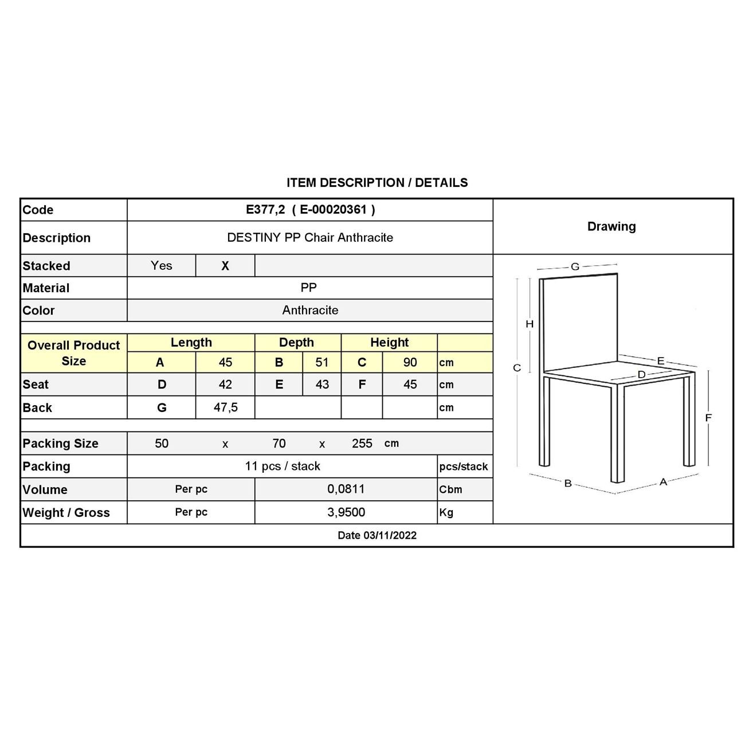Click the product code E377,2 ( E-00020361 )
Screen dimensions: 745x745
(310, 210)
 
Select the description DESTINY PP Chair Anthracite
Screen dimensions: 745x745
(310, 238)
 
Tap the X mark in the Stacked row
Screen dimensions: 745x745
(225, 266)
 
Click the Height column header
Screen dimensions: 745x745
(389, 343)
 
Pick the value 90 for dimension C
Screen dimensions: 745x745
(410, 362)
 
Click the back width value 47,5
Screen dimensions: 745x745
(225, 407)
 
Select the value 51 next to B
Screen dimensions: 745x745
(322, 362)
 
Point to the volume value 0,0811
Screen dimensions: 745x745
(346, 489)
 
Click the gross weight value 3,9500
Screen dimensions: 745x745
(346, 512)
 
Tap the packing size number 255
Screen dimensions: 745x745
(362, 444)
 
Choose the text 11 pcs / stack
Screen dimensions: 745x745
(283, 466)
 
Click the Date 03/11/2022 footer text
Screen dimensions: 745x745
(377, 535)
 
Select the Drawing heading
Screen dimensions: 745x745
(611, 226)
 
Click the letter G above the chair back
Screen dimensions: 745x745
(575, 266)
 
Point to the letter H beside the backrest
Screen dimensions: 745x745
(530, 324)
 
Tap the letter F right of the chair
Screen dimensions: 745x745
(708, 418)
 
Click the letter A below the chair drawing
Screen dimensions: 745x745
(663, 482)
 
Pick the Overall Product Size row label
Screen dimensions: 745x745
(73, 353)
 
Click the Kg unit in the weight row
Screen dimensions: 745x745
(446, 513)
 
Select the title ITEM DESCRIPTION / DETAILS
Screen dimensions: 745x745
(377, 183)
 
